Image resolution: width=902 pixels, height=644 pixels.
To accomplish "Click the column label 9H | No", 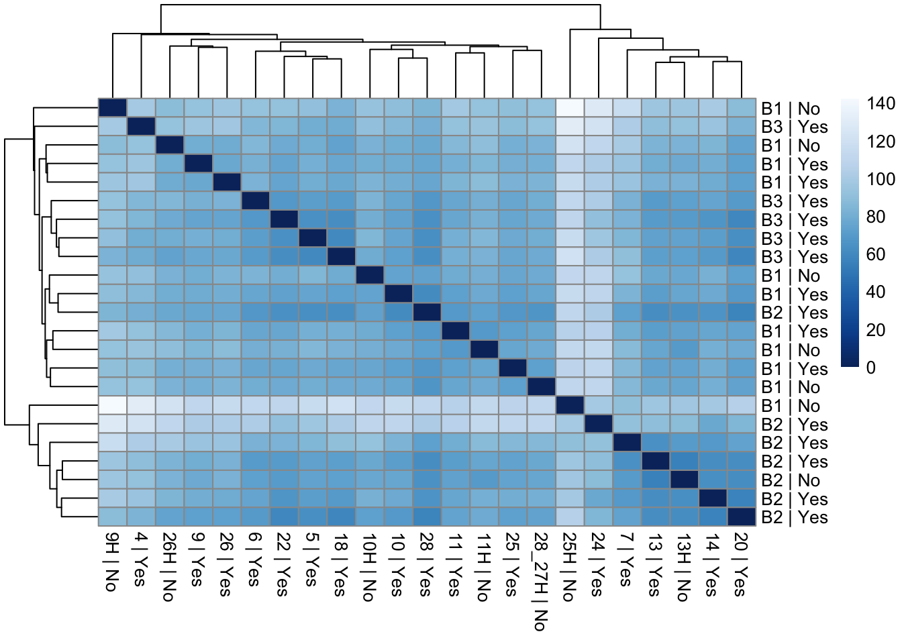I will coord(111,562).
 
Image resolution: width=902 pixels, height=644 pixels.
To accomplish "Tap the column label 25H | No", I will coord(569,568).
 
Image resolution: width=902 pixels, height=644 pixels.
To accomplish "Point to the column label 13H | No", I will coord(684,568).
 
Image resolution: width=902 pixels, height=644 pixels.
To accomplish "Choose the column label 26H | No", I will coord(168,568).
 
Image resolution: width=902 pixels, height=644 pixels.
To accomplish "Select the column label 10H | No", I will coord(369,568).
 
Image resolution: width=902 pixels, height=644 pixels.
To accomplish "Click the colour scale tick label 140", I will coord(881,103).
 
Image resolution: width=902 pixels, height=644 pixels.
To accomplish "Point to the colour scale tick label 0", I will coord(871,367).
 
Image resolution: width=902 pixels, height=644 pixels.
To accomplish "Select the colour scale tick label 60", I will coord(876,254).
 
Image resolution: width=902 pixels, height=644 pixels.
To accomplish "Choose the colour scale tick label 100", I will coord(881,179).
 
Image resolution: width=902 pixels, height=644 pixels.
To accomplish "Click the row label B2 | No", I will coord(791,480).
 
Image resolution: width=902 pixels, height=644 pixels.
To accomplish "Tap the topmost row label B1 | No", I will coord(791,109).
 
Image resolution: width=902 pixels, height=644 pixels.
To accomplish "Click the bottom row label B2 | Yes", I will coord(795,517).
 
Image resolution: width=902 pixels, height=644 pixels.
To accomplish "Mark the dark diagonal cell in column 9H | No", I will coord(112,108).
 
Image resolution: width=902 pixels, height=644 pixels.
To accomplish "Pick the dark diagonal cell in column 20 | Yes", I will coord(742,517).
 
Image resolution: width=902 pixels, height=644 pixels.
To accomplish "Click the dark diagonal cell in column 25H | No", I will coord(570,406).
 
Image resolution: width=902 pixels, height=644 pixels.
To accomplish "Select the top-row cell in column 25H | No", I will coord(570,108).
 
